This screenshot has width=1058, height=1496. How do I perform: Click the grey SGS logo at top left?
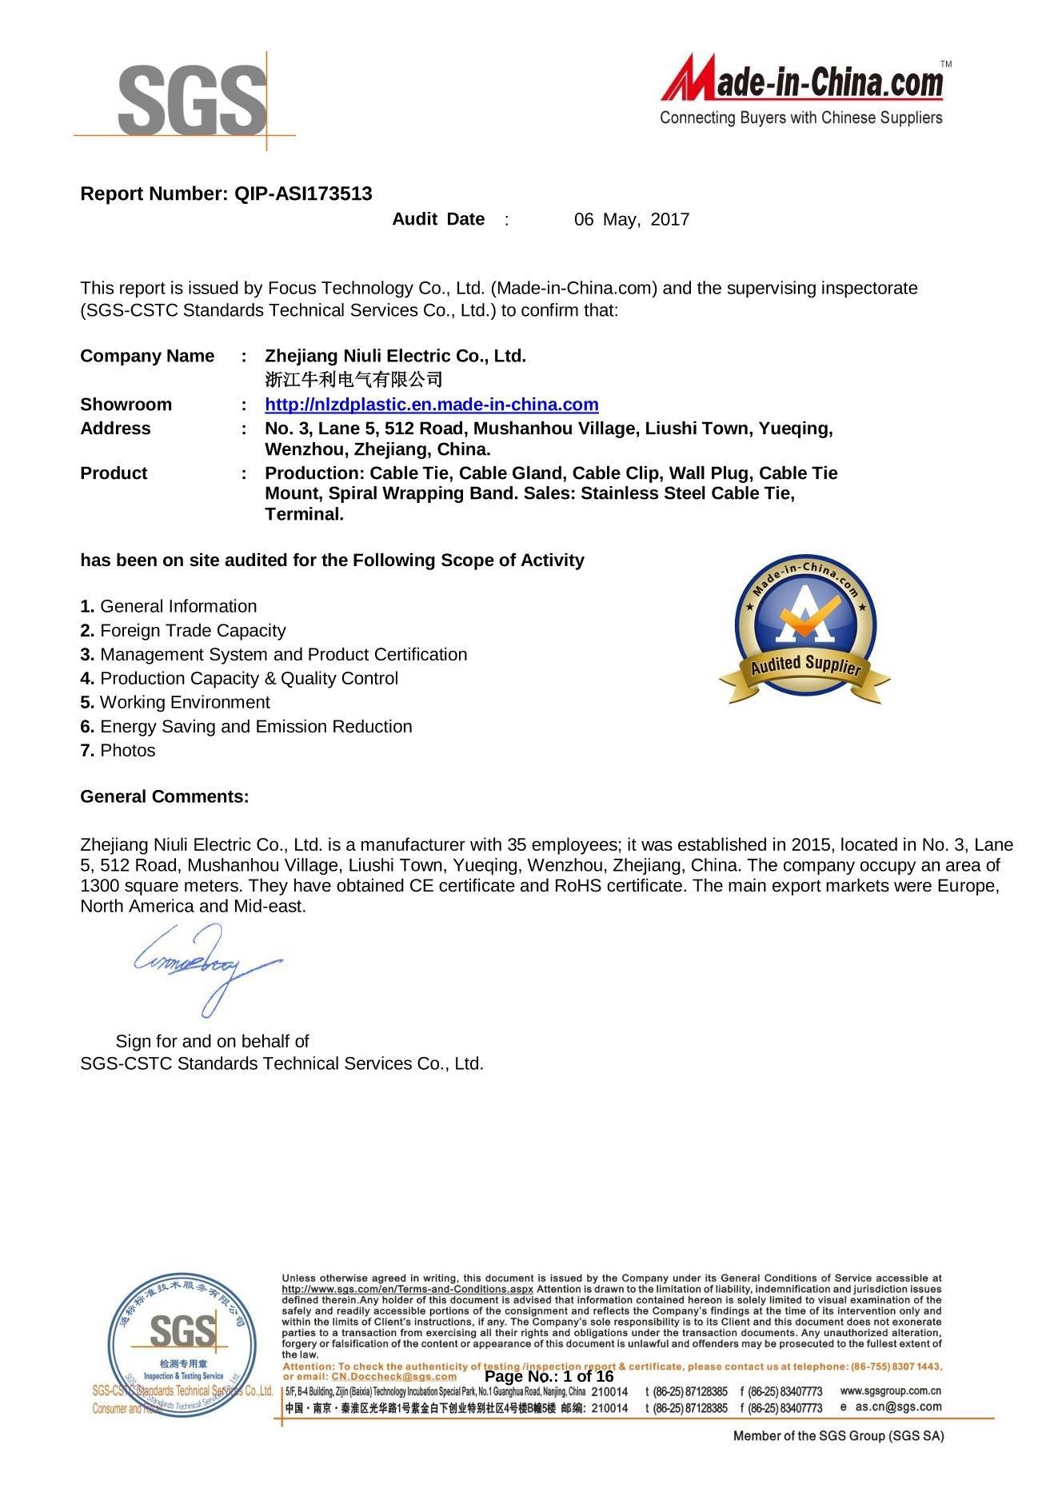192,99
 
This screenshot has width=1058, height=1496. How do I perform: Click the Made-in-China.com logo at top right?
802,90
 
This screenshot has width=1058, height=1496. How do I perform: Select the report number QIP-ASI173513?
302,193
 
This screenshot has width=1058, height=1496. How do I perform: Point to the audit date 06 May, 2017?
631,220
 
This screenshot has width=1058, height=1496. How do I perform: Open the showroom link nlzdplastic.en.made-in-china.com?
431,405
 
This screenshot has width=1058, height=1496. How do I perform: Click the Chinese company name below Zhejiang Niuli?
353,378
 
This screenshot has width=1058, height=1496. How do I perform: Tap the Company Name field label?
147,356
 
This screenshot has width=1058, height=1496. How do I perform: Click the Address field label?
115,429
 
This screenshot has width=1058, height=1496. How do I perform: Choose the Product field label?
114,473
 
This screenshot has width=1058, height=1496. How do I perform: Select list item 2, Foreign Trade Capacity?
183,631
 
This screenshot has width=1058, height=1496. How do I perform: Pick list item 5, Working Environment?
175,703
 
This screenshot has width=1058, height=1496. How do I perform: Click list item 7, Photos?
118,751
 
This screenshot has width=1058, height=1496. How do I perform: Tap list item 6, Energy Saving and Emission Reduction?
246,727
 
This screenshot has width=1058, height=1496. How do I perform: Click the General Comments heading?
165,797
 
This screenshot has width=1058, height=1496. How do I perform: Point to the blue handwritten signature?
205,964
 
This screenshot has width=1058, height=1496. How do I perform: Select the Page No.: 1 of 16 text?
549,1377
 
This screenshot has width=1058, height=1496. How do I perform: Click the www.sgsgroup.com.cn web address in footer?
890,1391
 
